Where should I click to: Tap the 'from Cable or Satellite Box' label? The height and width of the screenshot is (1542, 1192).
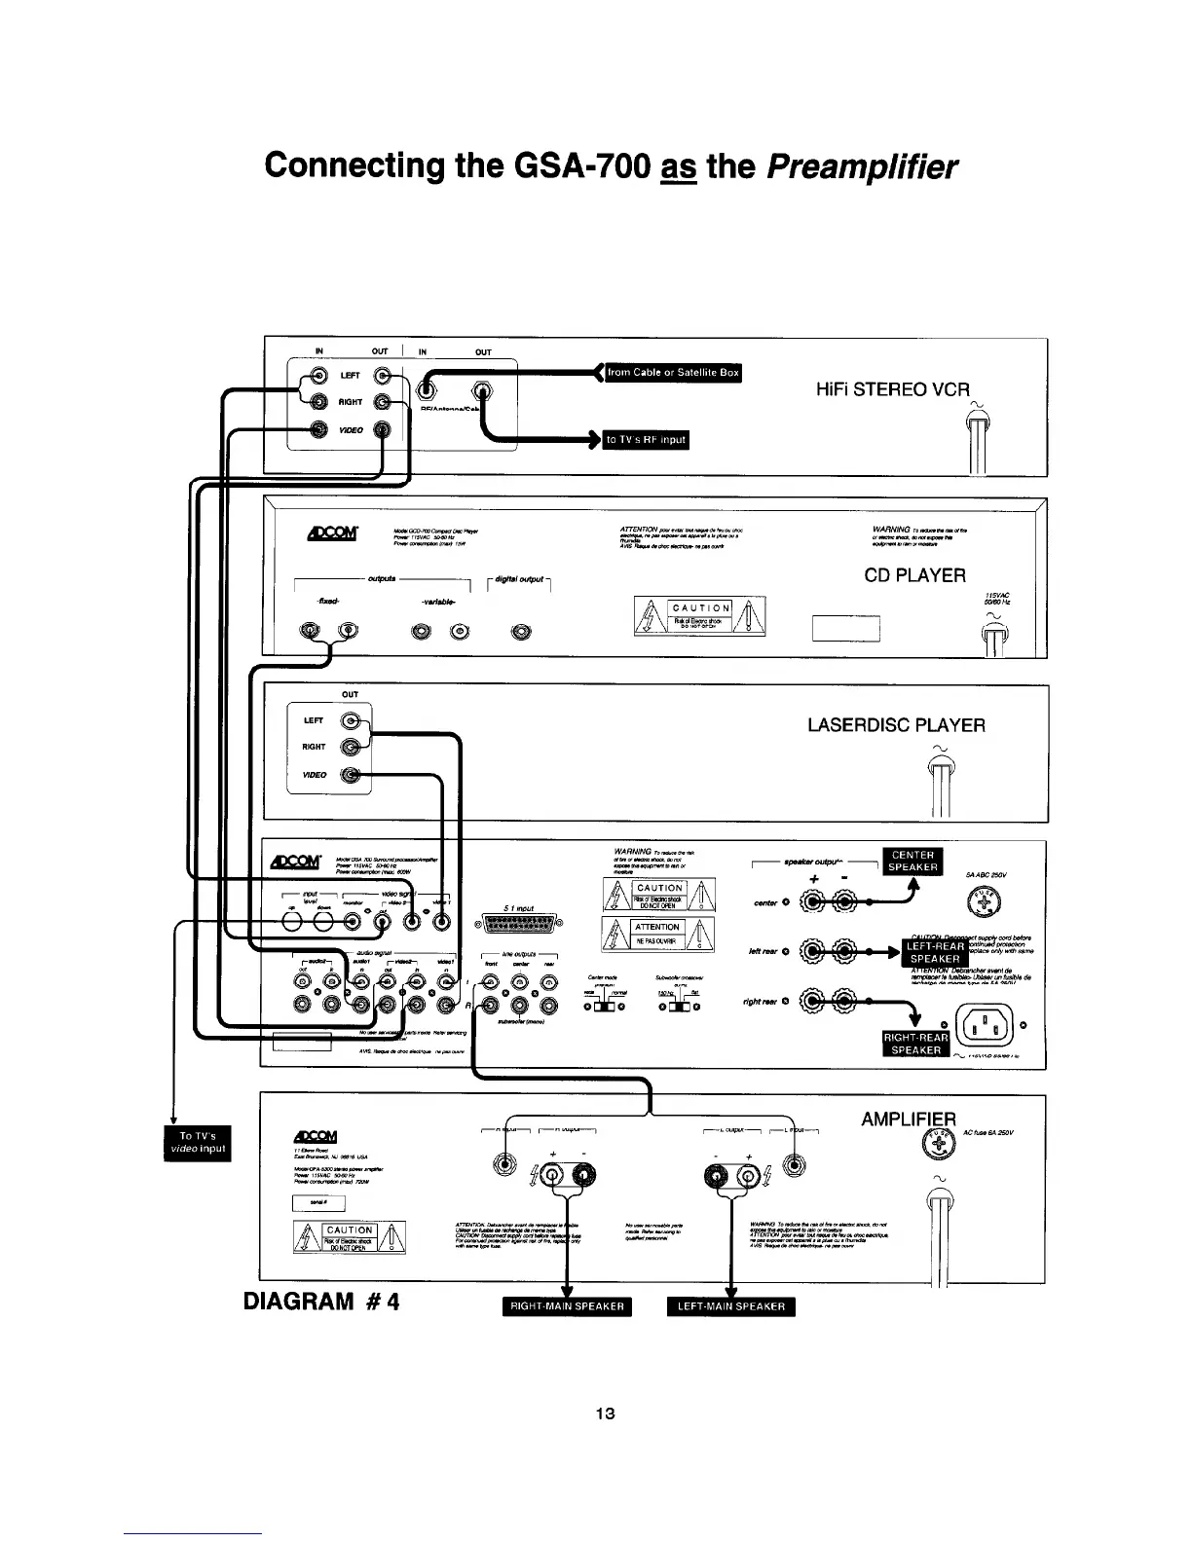pyautogui.click(x=673, y=373)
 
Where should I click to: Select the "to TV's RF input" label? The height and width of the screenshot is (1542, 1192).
pyautogui.click(x=646, y=440)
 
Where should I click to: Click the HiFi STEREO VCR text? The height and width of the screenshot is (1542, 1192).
pyautogui.click(x=892, y=389)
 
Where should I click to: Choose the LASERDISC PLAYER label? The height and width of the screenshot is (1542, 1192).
pyautogui.click(x=896, y=725)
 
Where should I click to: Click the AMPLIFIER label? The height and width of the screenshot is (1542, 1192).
pyautogui.click(x=909, y=1120)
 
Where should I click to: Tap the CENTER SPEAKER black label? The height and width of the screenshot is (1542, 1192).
pyautogui.click(x=913, y=862)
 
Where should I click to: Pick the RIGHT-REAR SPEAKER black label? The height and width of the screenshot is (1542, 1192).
pyautogui.click(x=915, y=1044)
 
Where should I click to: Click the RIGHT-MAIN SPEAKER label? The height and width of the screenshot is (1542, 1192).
pyautogui.click(x=567, y=1306)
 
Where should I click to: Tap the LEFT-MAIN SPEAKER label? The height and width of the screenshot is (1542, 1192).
pyautogui.click(x=730, y=1306)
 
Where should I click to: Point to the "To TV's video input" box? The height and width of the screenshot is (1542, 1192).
pyautogui.click(x=198, y=1143)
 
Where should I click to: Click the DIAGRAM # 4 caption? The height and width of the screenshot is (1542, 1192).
pyautogui.click(x=321, y=1302)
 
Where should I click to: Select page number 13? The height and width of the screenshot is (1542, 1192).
pyautogui.click(x=606, y=1414)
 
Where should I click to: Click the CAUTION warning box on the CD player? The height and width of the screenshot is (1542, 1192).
pyautogui.click(x=699, y=615)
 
